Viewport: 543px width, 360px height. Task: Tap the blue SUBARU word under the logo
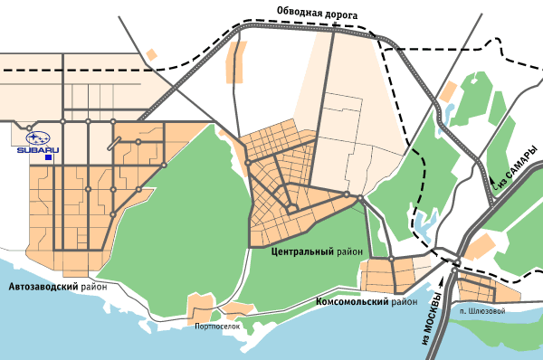click(x=38, y=150)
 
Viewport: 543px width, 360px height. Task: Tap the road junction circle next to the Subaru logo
click(x=29, y=127)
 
